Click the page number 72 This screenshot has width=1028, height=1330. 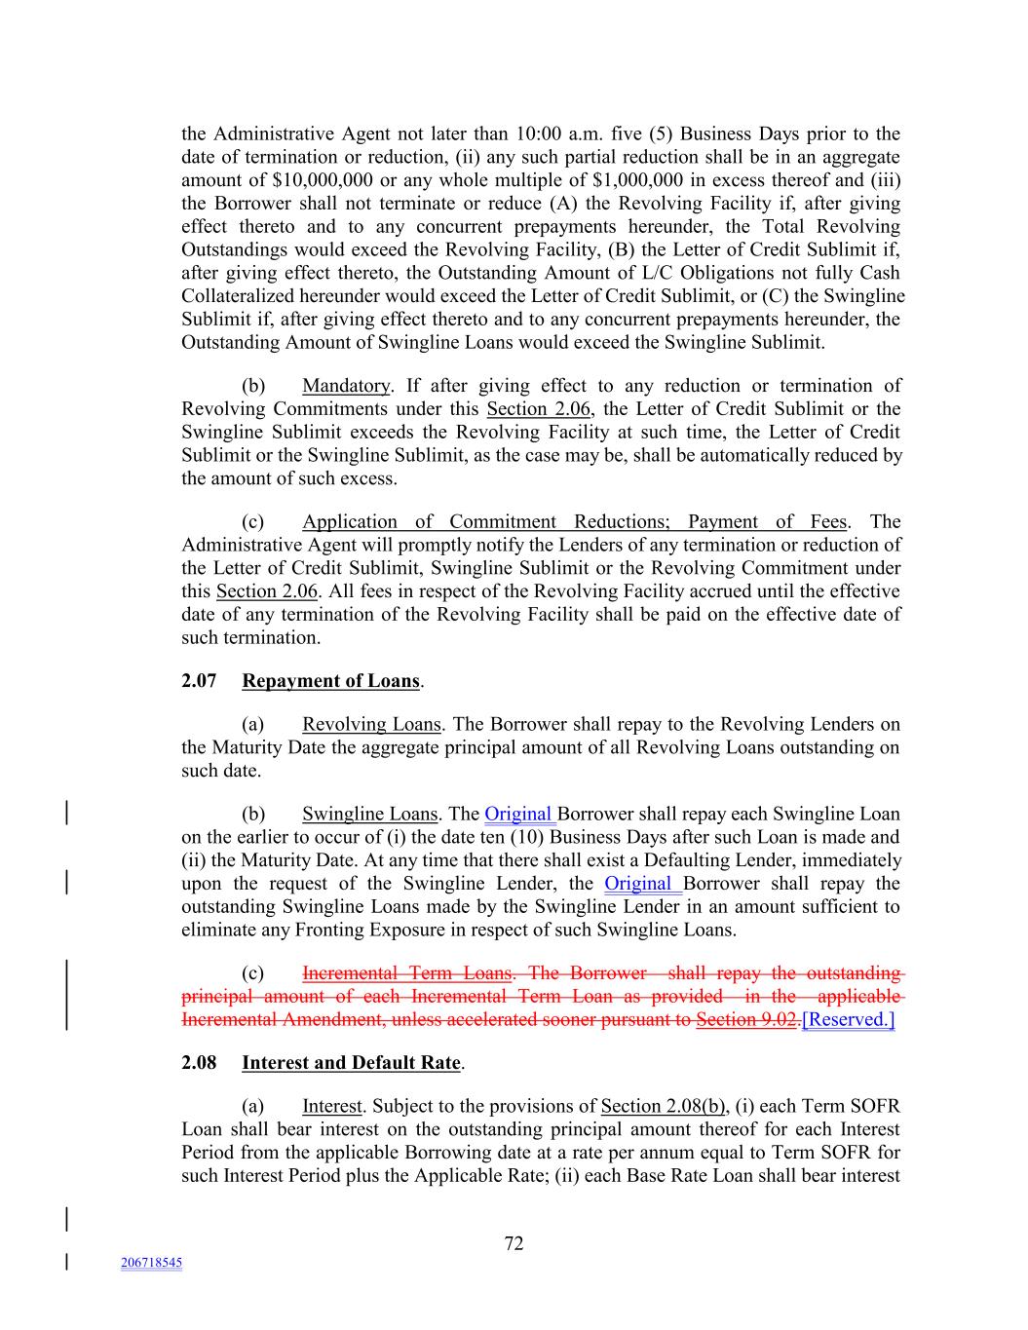pos(514,1243)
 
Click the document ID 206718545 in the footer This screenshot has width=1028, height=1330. pos(151,1263)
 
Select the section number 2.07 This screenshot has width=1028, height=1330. pos(199,681)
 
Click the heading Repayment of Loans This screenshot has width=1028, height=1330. pos(330,681)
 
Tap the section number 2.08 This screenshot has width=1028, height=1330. pos(199,1063)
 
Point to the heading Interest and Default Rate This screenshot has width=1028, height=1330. pos(351,1063)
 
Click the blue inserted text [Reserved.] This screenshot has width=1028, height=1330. pos(848,1020)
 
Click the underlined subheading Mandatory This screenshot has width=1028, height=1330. pos(346,386)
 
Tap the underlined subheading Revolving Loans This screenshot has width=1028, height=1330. pos(371,725)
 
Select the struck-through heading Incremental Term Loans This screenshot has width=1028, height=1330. pos(407,973)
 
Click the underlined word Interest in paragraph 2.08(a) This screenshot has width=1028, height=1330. pos(331,1106)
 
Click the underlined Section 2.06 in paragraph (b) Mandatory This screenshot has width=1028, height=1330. pos(539,409)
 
